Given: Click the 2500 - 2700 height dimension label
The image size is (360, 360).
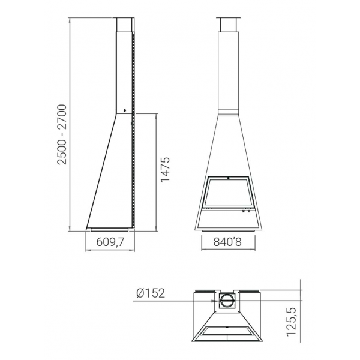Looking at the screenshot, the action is [62, 134].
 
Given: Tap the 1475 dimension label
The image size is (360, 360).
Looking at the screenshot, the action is [166, 170].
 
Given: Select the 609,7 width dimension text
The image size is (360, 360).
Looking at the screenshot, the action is [110, 242].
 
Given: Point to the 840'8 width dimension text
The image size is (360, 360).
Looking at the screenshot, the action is [227, 242].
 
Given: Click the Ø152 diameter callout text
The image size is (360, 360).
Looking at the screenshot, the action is [151, 293].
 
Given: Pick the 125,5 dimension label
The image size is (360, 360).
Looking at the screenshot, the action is [292, 322].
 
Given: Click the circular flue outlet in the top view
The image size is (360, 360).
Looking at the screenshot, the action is [227, 301].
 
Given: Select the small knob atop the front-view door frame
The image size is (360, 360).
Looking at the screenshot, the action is [228, 178].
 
